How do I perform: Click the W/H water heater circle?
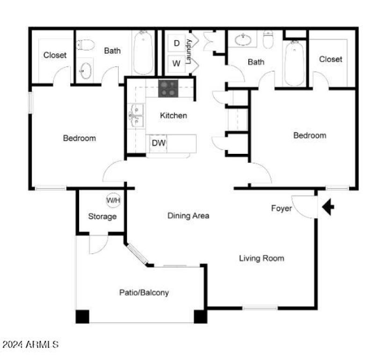click(113, 201)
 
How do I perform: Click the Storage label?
click(102, 216)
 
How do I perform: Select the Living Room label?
click(261, 258)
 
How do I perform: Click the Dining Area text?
click(188, 216)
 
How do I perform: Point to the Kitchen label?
click(173, 115)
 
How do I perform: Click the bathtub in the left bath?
click(143, 52)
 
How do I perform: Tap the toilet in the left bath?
click(86, 45)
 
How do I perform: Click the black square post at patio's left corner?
click(82, 317)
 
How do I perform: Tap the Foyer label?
click(281, 208)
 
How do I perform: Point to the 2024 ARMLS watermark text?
click(29, 345)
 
